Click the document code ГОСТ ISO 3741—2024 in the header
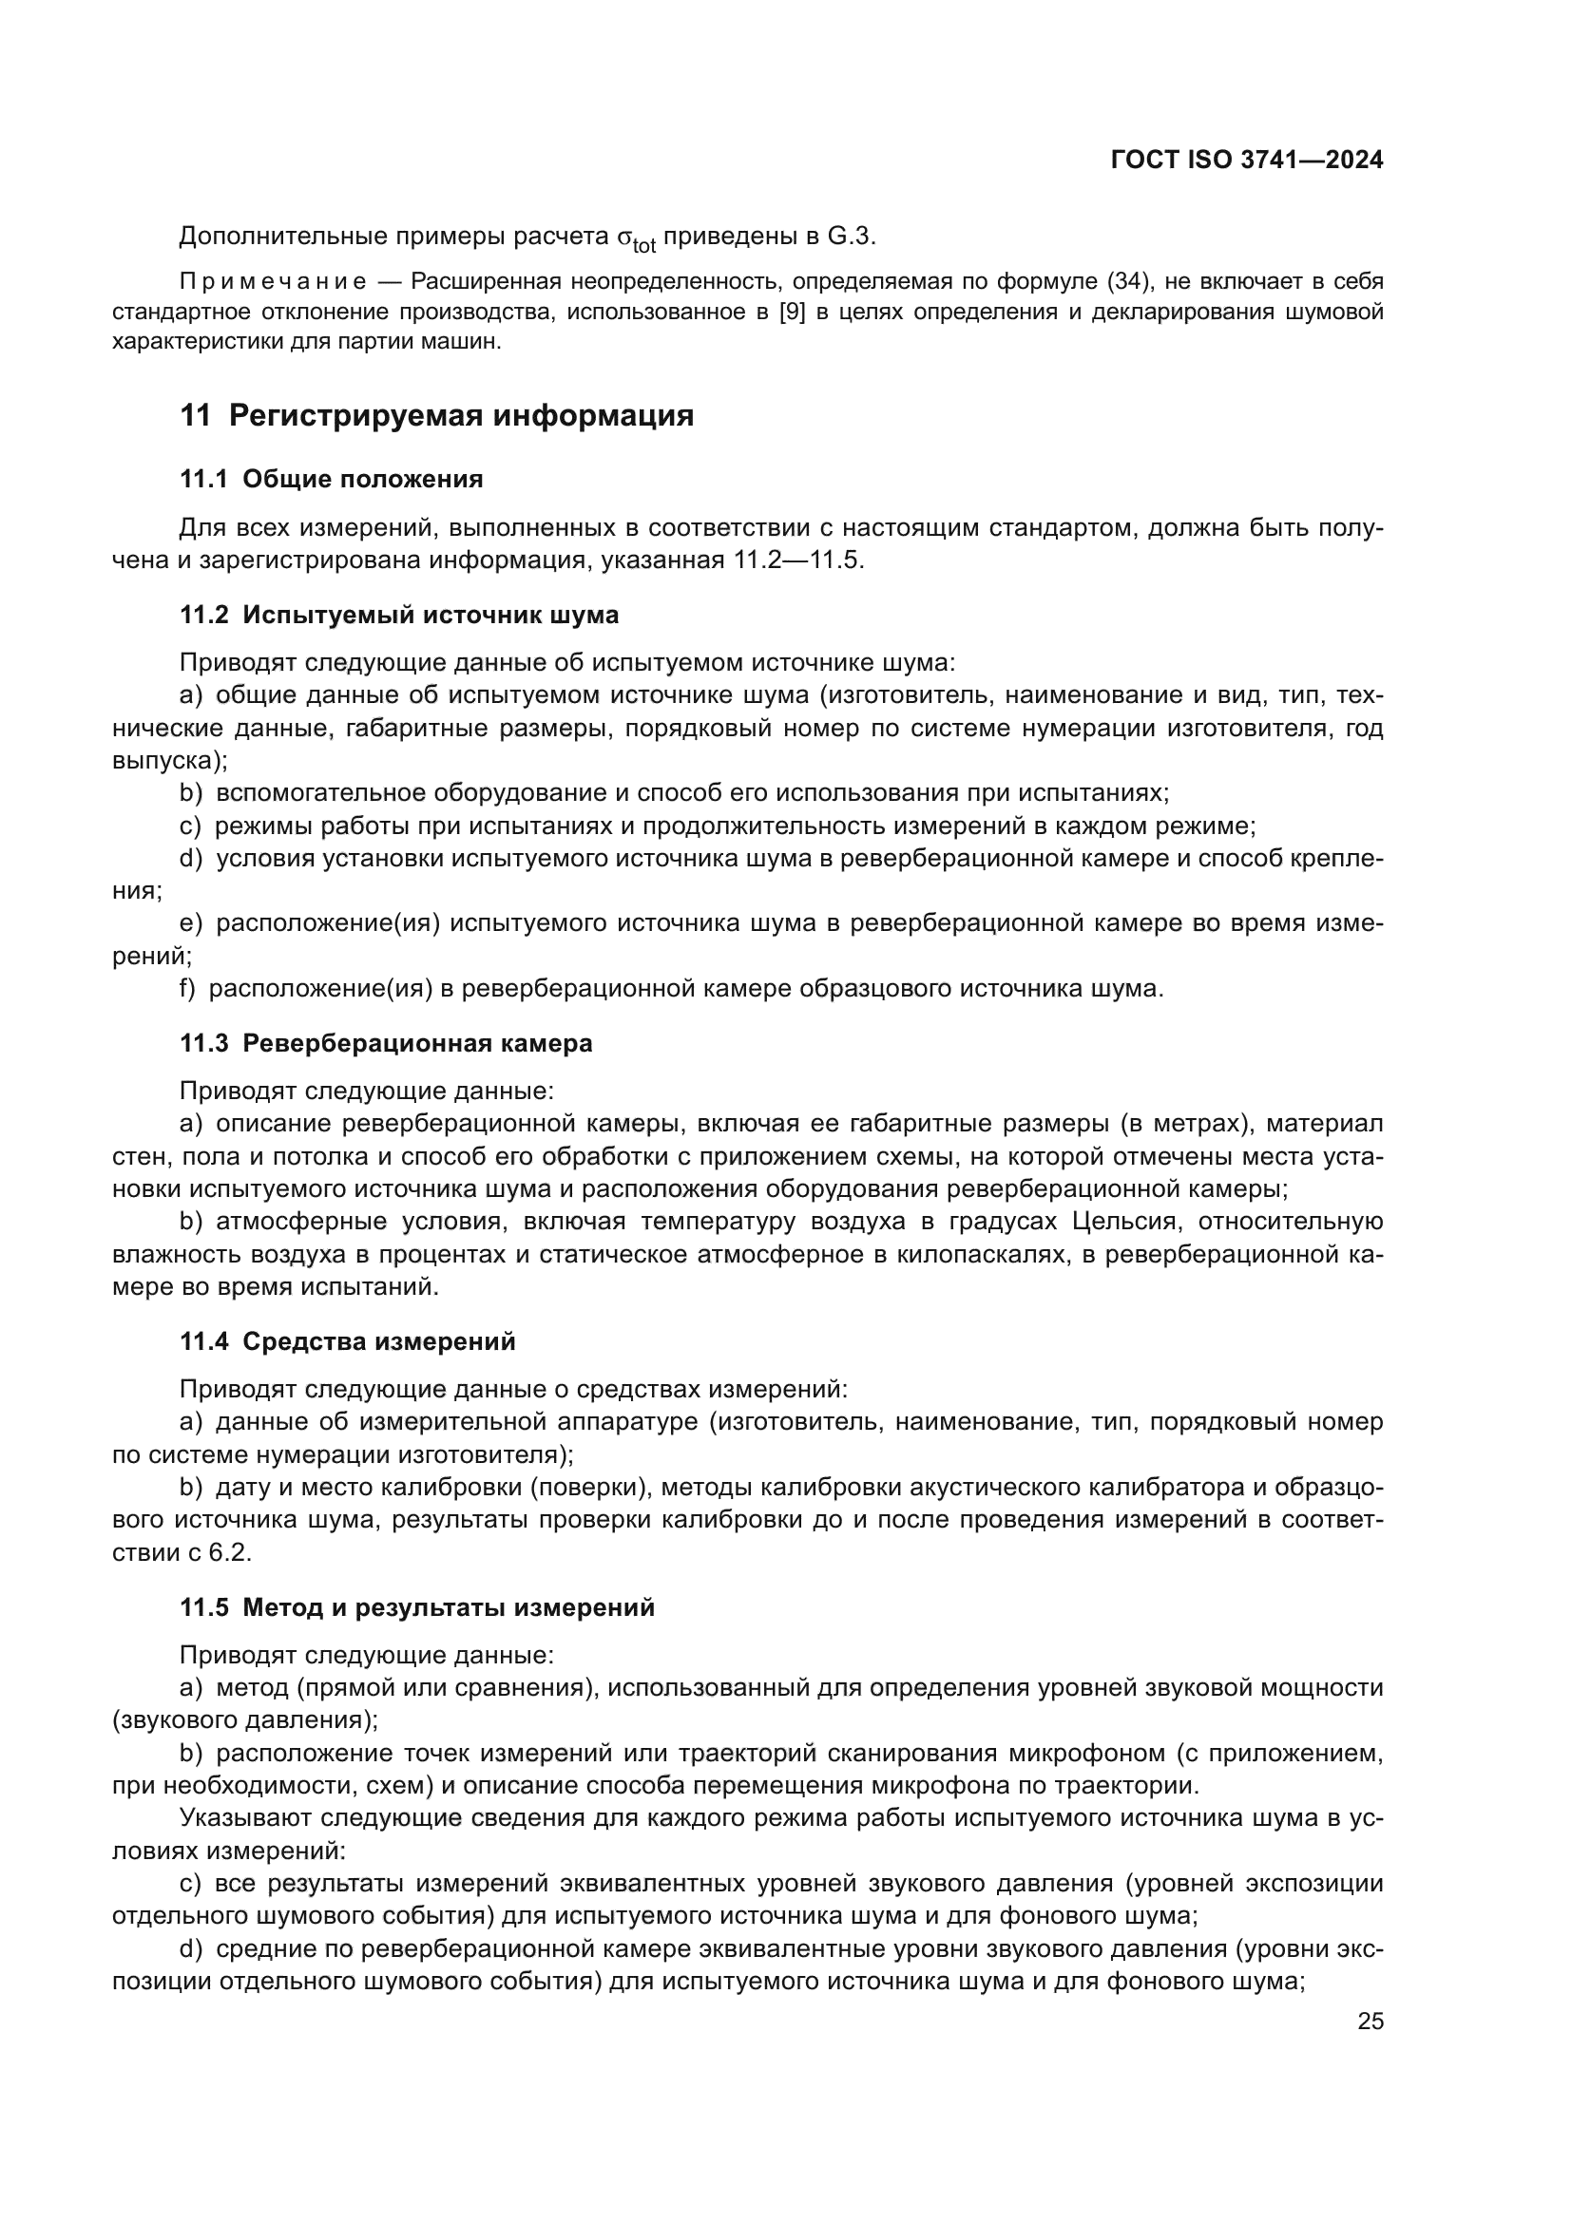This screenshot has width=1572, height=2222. [x=1247, y=161]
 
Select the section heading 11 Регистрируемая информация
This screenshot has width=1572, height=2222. [x=436, y=415]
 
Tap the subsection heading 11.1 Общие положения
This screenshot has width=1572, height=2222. [x=331, y=479]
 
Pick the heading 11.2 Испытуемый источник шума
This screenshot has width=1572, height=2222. [x=399, y=615]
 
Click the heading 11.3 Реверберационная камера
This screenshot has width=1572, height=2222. [x=385, y=1043]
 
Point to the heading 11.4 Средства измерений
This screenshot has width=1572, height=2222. [x=348, y=1341]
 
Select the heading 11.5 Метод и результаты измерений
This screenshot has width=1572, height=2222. [x=417, y=1607]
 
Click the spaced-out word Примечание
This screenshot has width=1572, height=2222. [x=273, y=281]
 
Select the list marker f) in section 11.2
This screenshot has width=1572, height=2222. [x=188, y=988]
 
